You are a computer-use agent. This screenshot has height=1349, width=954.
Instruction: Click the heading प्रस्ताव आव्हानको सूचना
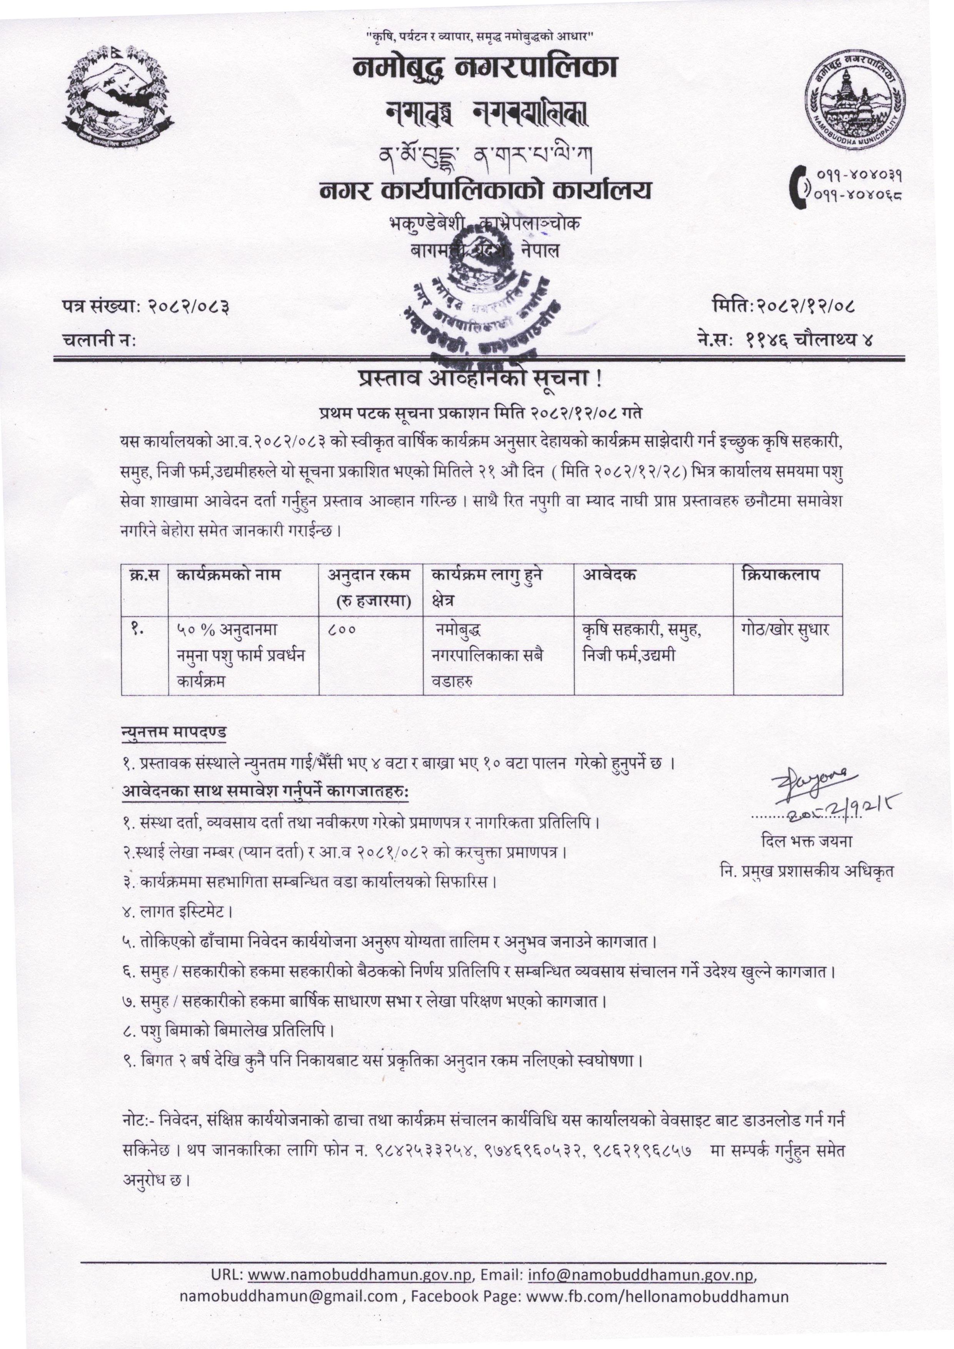[x=480, y=380]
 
